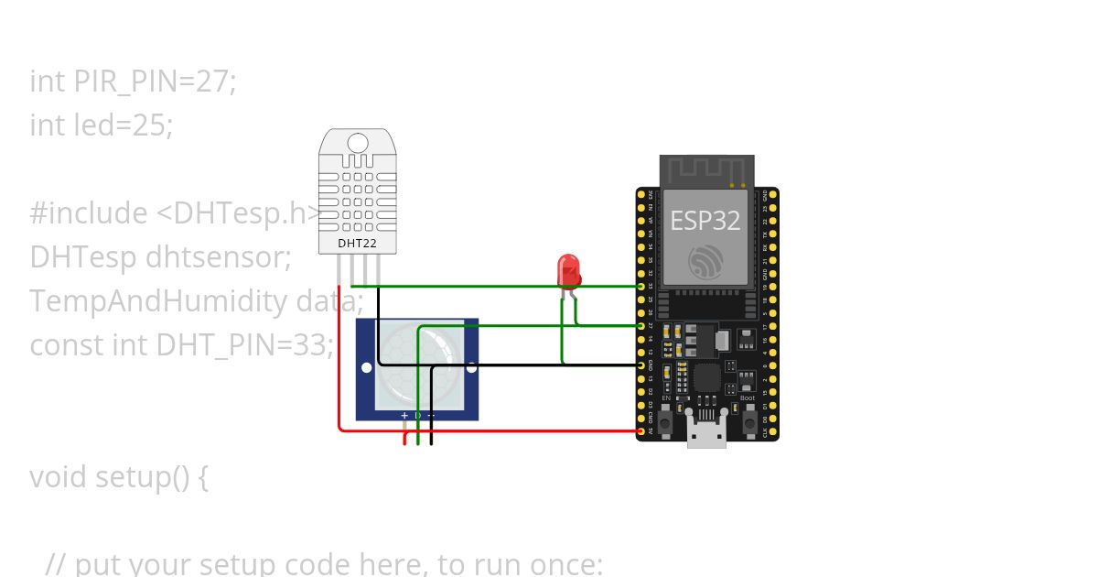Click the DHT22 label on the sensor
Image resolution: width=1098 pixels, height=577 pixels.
click(359, 245)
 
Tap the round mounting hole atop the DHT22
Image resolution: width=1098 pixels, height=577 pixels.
click(359, 143)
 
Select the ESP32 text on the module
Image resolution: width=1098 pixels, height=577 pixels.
click(705, 221)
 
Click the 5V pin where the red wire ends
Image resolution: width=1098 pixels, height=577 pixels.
click(640, 430)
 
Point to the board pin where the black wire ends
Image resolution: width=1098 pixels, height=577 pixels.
click(640, 365)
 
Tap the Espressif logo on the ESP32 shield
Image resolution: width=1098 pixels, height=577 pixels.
click(705, 262)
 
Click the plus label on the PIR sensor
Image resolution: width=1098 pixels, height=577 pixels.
click(404, 415)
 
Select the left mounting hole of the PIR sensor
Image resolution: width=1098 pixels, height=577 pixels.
click(366, 368)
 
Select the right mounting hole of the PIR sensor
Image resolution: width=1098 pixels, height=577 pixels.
click(471, 368)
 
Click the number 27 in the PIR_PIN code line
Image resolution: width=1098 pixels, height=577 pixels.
click(211, 82)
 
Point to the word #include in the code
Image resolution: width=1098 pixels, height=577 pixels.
click(89, 213)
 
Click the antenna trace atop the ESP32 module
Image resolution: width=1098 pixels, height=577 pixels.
click(706, 169)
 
